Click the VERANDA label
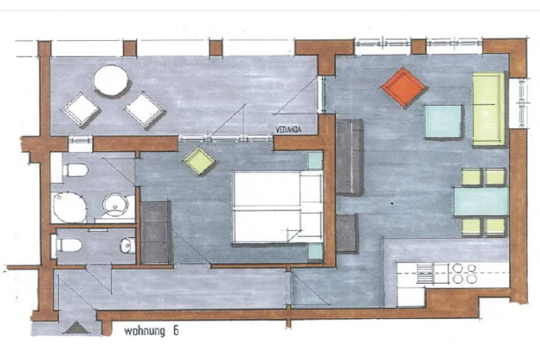(x=288, y=130)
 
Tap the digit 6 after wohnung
(x=176, y=331)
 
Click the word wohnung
(x=144, y=331)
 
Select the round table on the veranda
(x=111, y=80)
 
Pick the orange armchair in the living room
(x=403, y=87)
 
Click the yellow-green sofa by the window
(x=488, y=109)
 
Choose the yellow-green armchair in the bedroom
(x=199, y=161)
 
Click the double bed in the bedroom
(x=278, y=207)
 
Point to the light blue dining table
(x=481, y=202)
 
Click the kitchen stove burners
(x=464, y=274)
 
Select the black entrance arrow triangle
(x=76, y=328)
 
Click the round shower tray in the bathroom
(x=70, y=207)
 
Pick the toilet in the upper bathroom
(x=75, y=170)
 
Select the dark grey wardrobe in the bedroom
(x=156, y=232)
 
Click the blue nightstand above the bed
(x=315, y=161)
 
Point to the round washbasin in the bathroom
(x=115, y=205)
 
